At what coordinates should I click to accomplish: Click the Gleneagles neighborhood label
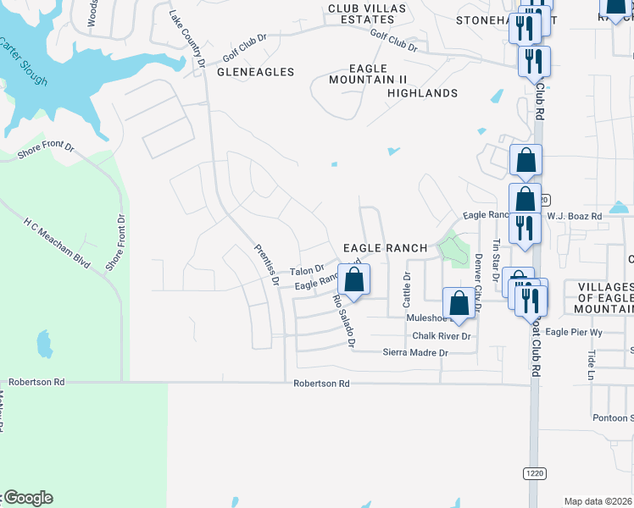click(x=255, y=72)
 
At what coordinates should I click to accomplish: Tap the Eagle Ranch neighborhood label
click(x=385, y=248)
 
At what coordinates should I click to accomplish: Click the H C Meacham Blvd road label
click(x=56, y=241)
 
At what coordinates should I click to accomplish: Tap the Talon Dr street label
click(x=307, y=270)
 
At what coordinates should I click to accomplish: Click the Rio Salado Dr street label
click(x=343, y=322)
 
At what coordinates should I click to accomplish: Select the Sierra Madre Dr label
click(x=414, y=352)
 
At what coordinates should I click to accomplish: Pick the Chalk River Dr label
click(x=441, y=336)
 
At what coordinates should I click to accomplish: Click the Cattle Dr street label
click(x=407, y=289)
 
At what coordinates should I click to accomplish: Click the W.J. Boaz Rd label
click(x=574, y=217)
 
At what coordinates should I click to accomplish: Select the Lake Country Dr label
click(x=187, y=39)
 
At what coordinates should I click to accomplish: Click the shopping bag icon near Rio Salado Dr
click(x=353, y=279)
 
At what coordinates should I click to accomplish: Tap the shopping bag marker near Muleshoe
click(x=459, y=303)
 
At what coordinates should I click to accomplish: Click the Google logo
click(x=28, y=498)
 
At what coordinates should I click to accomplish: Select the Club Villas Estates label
click(x=367, y=14)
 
